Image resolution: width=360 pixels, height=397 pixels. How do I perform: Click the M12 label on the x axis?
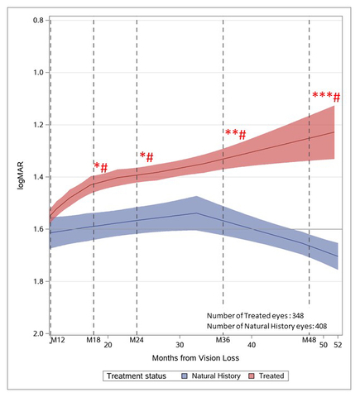point(56,341)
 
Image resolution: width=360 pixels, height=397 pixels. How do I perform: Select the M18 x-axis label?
point(94,341)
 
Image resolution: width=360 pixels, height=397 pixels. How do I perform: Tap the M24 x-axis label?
point(137,341)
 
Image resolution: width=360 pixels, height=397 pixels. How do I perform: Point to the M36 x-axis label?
point(223,341)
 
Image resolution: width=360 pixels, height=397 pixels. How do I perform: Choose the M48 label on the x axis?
point(309,341)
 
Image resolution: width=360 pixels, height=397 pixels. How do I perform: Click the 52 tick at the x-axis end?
point(338,344)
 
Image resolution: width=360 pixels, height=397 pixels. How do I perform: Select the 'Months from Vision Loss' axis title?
point(195,359)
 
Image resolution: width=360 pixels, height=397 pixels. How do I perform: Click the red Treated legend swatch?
point(250,376)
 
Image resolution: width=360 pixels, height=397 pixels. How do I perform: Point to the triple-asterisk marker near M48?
point(322,96)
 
